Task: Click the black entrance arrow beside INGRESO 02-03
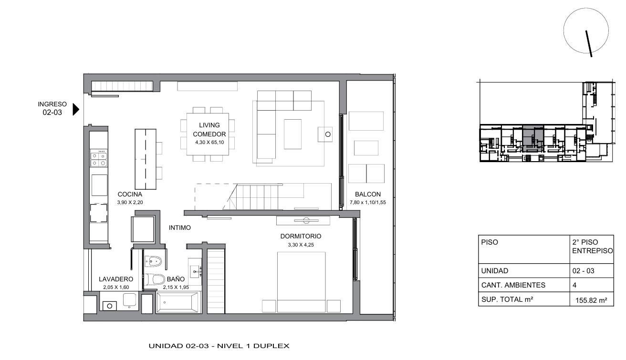click(76, 109)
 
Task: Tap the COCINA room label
click(130, 194)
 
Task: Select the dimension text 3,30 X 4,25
click(301, 245)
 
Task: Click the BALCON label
click(367, 194)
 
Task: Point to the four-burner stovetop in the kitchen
click(99, 158)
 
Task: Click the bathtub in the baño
click(178, 302)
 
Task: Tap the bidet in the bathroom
click(153, 261)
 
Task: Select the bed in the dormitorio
click(301, 282)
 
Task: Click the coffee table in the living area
click(292, 134)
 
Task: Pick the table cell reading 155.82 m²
click(592, 300)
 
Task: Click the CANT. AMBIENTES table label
click(513, 285)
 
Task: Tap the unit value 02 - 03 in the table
click(583, 271)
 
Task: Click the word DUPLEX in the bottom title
click(271, 346)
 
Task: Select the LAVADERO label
click(116, 279)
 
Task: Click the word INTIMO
click(180, 227)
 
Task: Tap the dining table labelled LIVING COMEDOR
click(208, 134)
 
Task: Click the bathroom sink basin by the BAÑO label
click(195, 271)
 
